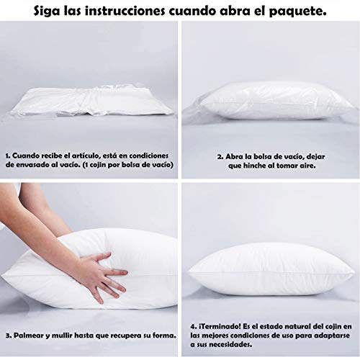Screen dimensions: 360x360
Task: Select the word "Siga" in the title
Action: (47, 12)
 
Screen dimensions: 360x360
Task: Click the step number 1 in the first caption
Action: (7, 156)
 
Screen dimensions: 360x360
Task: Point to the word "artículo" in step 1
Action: (86, 156)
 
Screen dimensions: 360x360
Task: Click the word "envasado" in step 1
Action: (29, 165)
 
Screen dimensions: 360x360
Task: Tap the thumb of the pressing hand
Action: (102, 258)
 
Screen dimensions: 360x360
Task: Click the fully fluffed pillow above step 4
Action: (271, 269)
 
